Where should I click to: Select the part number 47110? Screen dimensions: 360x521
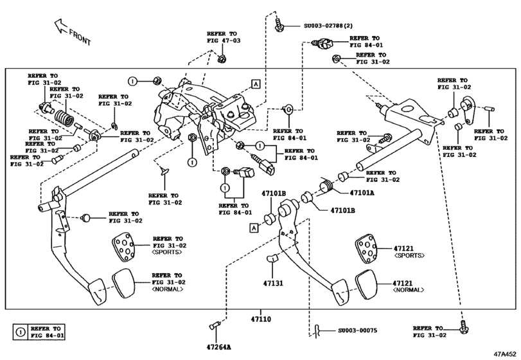pyautogui.click(x=261, y=319)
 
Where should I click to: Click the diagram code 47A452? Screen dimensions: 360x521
pyautogui.click(x=505, y=353)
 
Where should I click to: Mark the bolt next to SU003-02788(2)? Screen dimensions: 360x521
pyautogui.click(x=279, y=26)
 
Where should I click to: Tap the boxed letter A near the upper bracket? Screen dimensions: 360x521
pyautogui.click(x=256, y=84)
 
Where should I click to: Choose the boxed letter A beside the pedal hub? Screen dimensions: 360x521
pyautogui.click(x=254, y=227)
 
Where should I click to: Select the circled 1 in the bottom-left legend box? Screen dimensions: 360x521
pyautogui.click(x=20, y=332)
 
